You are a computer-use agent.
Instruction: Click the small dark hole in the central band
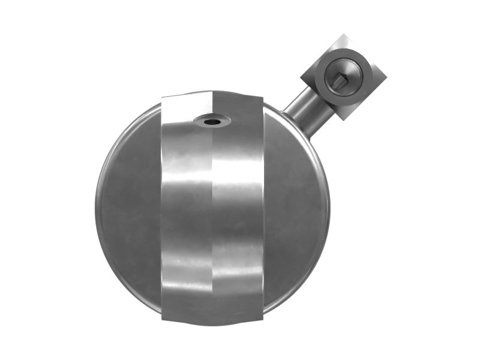click(x=212, y=122)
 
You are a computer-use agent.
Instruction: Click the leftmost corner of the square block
click(x=301, y=76)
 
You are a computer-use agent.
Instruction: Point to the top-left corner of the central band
click(x=162, y=97)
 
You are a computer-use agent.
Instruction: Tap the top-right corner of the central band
click(x=263, y=97)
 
